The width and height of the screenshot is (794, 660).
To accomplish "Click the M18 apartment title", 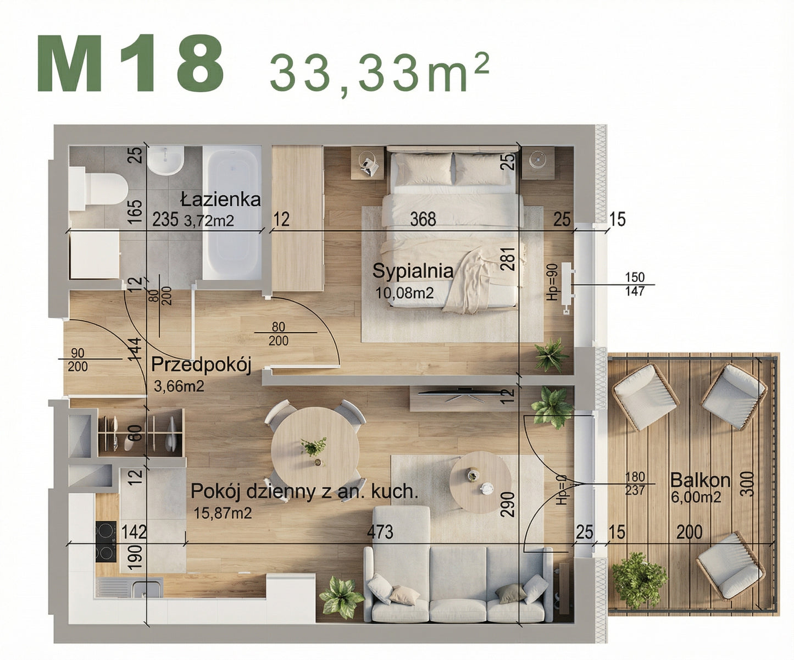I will coord(131,64).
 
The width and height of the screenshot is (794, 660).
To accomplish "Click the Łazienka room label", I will coord(220,199).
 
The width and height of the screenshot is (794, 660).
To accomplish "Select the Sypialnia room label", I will coord(413,271).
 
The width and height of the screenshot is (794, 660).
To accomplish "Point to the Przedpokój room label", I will coord(201,364).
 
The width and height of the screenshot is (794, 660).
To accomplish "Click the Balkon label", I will coord(700,480).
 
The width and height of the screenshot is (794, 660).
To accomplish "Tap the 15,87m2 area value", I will coord(223,513).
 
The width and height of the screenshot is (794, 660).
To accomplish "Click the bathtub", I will coord(231,212).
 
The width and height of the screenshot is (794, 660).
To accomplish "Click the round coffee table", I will coord(480,482).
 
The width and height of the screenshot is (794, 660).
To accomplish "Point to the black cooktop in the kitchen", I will coord(106,541).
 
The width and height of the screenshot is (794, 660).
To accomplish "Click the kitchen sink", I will coord(146,589).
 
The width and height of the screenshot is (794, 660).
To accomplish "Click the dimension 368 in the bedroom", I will coord(423,220).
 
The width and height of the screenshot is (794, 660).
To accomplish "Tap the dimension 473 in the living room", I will coord(380,532).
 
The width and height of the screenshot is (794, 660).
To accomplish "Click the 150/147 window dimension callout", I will coord(635,284).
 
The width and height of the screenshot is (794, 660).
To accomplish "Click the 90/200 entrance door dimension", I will coord(77,359).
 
